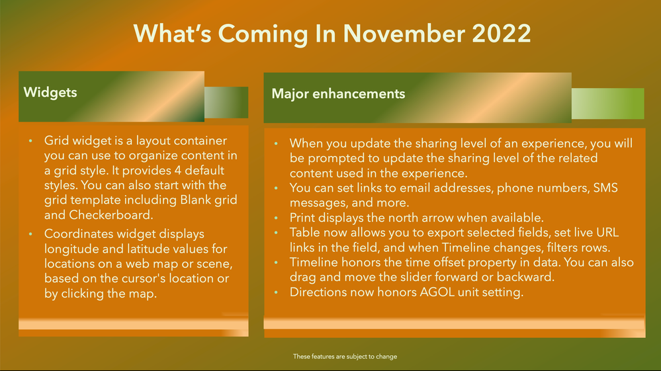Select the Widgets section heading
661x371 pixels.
click(x=50, y=92)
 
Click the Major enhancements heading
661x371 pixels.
click(x=338, y=94)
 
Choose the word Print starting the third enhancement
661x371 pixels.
click(x=304, y=218)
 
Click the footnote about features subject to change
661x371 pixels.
click(x=345, y=356)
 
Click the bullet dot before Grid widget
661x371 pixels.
click(x=30, y=142)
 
